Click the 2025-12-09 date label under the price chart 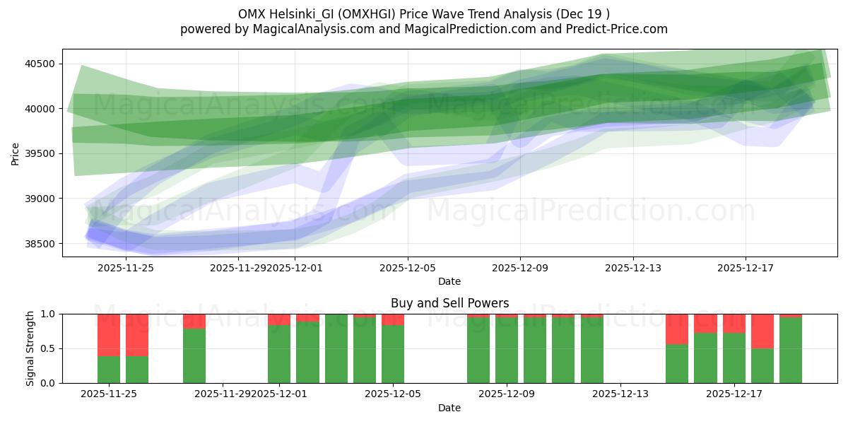pyautogui.click(x=520, y=268)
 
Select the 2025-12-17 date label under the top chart pyautogui.click(x=746, y=268)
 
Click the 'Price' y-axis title pyautogui.click(x=15, y=153)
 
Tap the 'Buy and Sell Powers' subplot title pyautogui.click(x=449, y=303)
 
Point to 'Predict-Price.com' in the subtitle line pyautogui.click(x=614, y=29)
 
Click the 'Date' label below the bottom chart pyautogui.click(x=449, y=408)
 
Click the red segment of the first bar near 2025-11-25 pyautogui.click(x=109, y=334)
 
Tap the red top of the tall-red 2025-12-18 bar pyautogui.click(x=762, y=331)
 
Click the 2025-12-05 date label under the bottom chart pyautogui.click(x=393, y=394)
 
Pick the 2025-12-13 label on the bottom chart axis pyautogui.click(x=620, y=394)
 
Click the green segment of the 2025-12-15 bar pyautogui.click(x=677, y=364)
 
